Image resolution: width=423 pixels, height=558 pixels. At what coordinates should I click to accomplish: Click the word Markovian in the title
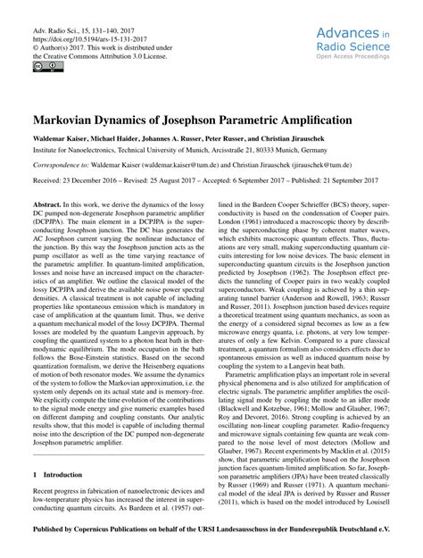[70, 119]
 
